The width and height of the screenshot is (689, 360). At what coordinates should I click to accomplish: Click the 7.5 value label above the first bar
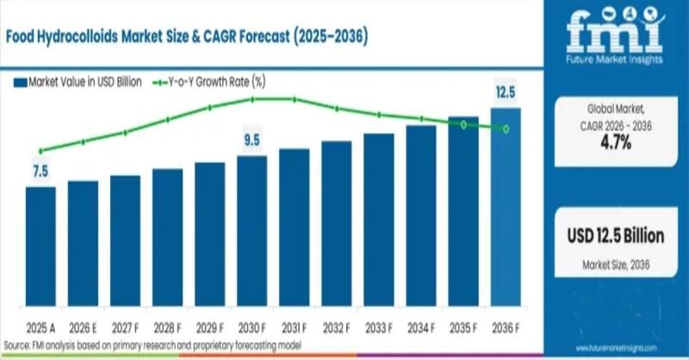tap(40, 171)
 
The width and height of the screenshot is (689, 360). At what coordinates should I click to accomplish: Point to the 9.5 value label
tap(251, 140)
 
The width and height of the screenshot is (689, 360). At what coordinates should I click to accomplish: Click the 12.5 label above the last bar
tap(506, 91)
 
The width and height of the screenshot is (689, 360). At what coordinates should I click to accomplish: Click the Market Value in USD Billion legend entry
tap(77, 83)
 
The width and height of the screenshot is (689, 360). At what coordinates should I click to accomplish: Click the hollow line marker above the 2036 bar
tap(506, 129)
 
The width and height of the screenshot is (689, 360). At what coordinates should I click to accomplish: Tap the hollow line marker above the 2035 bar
tap(463, 125)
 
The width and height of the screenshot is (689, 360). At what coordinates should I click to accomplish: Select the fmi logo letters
tap(615, 32)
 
